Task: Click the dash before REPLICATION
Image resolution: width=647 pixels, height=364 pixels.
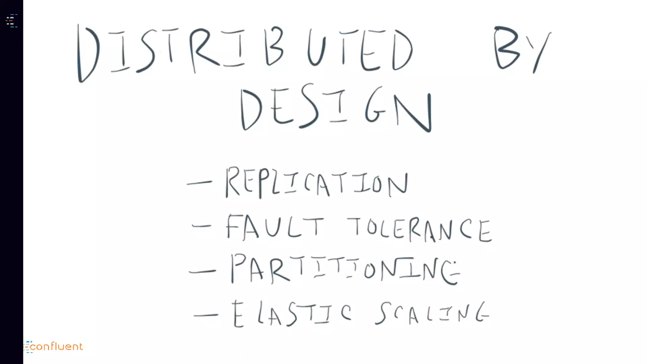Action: (x=200, y=183)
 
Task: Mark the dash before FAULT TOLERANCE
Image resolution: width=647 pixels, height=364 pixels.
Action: (x=202, y=226)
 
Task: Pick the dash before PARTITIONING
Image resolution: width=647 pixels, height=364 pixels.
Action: (x=203, y=271)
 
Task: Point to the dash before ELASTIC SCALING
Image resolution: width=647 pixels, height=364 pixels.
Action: (x=206, y=315)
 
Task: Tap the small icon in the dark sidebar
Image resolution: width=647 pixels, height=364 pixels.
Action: (x=11, y=21)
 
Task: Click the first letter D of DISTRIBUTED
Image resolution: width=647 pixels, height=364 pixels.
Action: (x=88, y=54)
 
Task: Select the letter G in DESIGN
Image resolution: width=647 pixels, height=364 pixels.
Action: (x=375, y=106)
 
